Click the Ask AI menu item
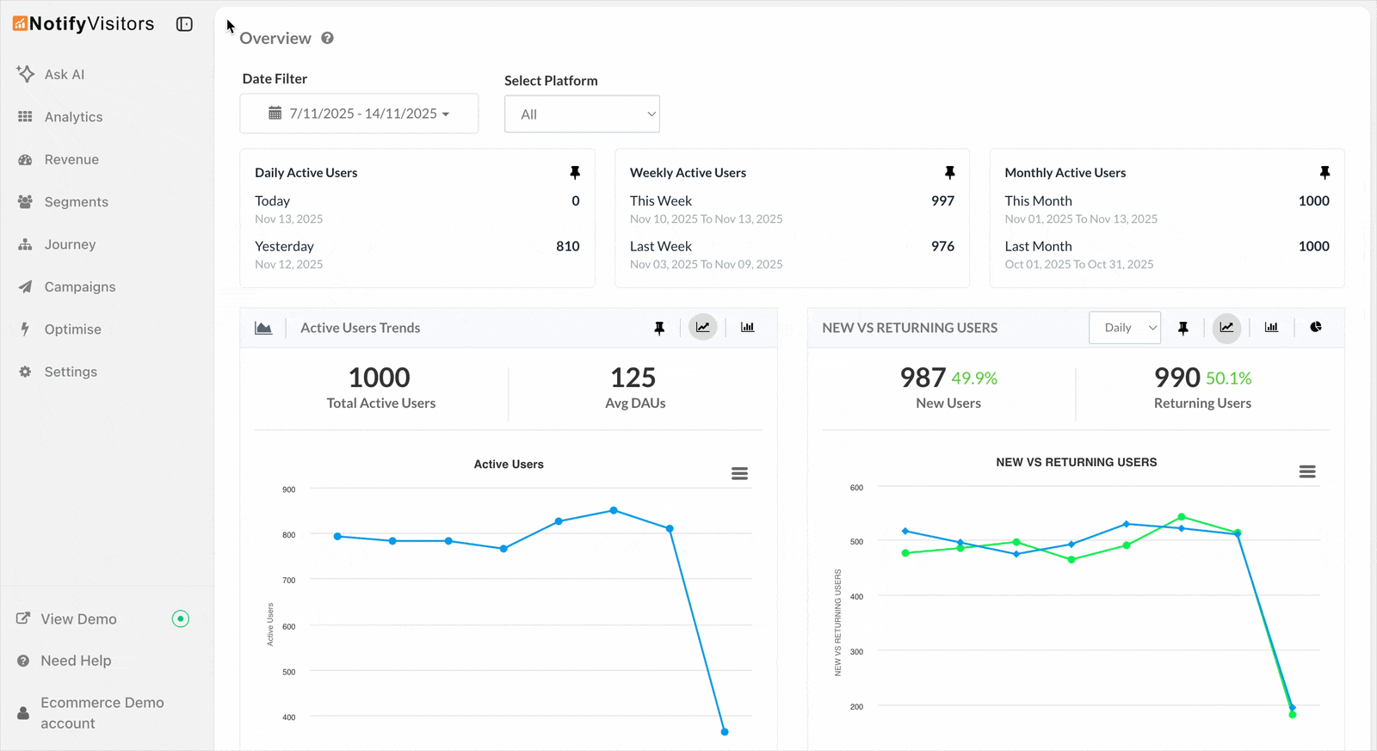point(64,75)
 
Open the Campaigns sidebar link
point(79,287)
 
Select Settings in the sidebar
point(70,372)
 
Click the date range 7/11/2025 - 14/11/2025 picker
point(359,114)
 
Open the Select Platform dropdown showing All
point(582,114)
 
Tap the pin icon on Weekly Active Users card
point(949,173)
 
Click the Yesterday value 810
point(567,246)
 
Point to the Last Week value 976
point(942,246)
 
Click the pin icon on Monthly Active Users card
point(1325,173)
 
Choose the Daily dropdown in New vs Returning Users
point(1125,328)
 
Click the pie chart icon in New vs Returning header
point(1315,328)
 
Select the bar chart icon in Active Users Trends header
point(747,328)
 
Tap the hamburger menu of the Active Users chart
point(739,474)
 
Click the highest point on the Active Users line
point(614,510)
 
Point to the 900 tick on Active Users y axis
point(288,489)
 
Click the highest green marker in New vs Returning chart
point(1182,517)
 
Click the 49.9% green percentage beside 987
point(974,379)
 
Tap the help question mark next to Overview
point(327,38)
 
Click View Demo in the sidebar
point(78,619)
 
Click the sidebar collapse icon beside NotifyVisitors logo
point(184,24)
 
